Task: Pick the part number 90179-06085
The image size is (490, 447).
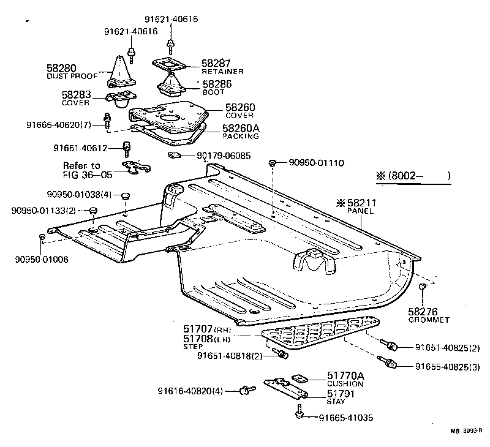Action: click(x=224, y=156)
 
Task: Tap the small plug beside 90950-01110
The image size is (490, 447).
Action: click(x=272, y=163)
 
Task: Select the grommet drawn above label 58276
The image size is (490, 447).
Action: click(x=422, y=287)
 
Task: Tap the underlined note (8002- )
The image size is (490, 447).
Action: click(x=413, y=176)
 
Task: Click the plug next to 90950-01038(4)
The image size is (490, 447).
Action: click(x=125, y=196)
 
